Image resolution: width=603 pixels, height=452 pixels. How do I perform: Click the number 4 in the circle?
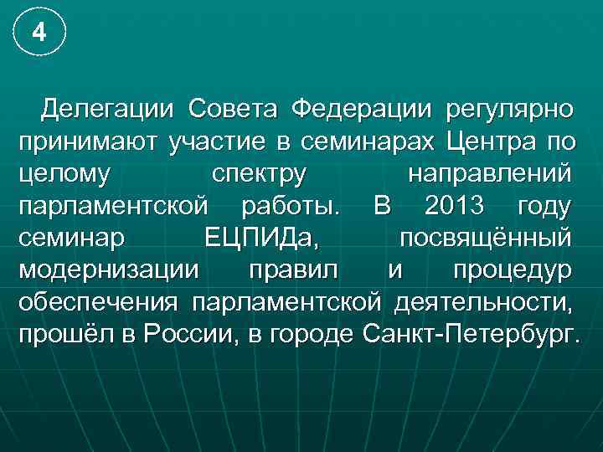tap(38, 33)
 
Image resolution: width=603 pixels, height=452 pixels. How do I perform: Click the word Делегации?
tap(109, 108)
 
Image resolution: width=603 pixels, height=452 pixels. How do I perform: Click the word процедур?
tap(512, 270)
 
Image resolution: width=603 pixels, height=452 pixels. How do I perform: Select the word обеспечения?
tap(100, 303)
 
